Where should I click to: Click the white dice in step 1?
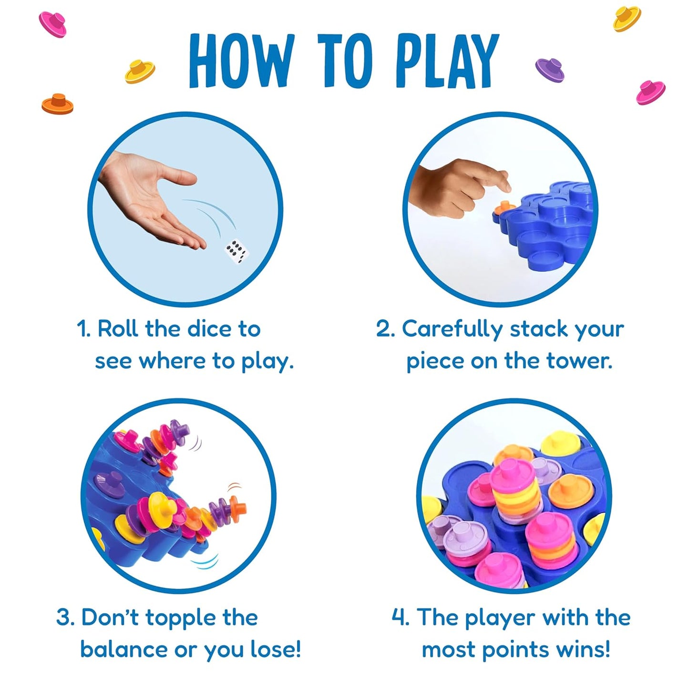tap(237, 251)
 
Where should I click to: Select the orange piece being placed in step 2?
tap(504, 208)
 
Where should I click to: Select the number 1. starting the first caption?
tap(83, 329)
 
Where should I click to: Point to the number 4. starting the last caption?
tap(401, 617)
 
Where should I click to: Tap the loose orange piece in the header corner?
tap(57, 104)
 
